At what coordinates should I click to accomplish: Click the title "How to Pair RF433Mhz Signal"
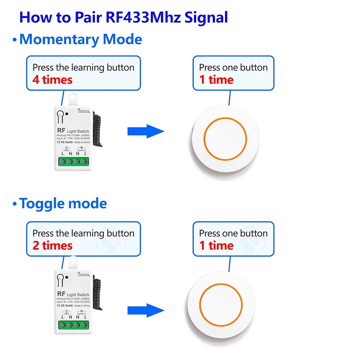click(x=123, y=17)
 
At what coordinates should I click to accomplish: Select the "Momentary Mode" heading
click(x=81, y=39)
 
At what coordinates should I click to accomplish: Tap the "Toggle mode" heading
click(x=63, y=203)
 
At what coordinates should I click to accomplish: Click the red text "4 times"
click(x=53, y=80)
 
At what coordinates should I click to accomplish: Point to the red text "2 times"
click(x=53, y=246)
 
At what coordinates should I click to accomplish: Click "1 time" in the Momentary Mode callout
click(x=216, y=80)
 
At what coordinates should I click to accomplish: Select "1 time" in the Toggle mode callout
click(x=216, y=246)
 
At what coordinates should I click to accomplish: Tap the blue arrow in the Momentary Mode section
click(x=146, y=131)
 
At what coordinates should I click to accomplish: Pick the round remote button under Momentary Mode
click(x=226, y=138)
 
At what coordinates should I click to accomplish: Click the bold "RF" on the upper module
click(x=60, y=131)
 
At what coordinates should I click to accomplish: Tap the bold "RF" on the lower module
click(x=60, y=294)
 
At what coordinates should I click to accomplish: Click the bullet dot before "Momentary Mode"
click(x=14, y=40)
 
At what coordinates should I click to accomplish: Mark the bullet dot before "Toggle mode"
click(x=14, y=204)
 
